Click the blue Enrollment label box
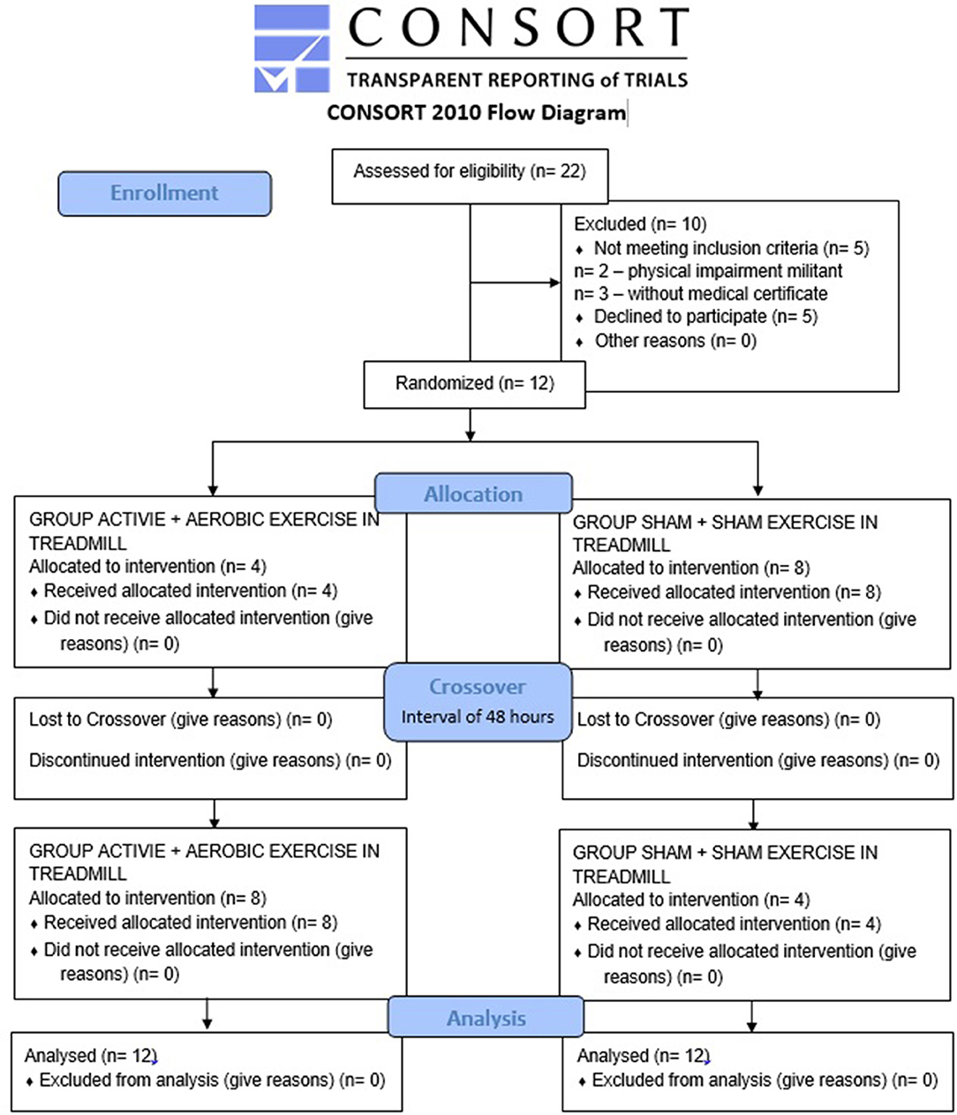164,193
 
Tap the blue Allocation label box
473,493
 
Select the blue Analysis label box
486,1017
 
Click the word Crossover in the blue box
478,687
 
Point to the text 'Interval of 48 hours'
478,717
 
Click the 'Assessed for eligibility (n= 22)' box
470,177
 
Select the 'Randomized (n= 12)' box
474,385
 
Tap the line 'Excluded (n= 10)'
640,224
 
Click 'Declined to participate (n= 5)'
705,317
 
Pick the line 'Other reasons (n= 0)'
675,341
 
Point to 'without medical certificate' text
727,293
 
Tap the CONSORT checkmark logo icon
292,49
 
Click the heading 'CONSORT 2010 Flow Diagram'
477,113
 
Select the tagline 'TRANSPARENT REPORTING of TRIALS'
517,79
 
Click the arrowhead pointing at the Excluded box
555,283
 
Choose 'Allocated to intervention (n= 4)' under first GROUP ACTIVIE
147,567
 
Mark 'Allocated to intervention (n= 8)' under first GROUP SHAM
691,568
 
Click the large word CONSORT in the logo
518,27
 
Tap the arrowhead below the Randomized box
470,435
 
